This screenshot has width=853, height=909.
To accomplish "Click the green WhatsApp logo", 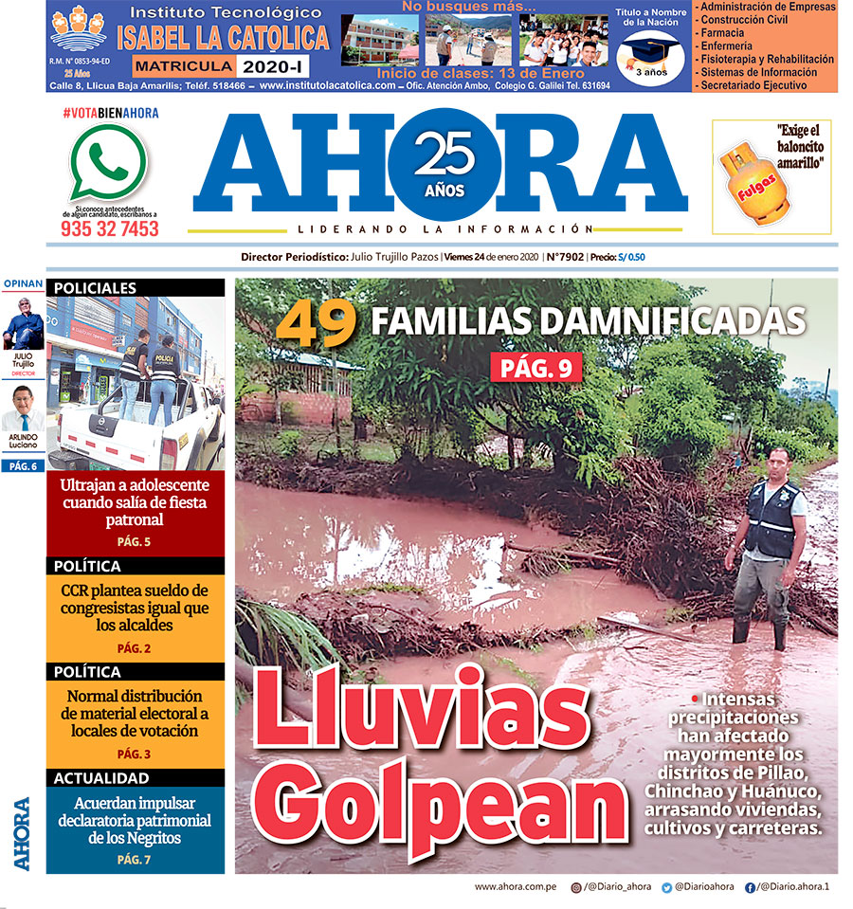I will click(109, 163).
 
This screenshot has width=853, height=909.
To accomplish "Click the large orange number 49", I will click(316, 323).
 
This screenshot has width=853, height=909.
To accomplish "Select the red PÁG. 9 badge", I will click(535, 367).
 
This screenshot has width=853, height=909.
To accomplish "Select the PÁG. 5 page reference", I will click(135, 542).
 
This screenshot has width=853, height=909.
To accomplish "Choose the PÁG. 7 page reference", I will click(135, 860).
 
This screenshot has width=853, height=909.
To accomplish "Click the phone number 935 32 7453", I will click(110, 229).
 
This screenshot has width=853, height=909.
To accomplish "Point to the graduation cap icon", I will click(650, 50).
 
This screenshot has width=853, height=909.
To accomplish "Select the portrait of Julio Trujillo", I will click(23, 323).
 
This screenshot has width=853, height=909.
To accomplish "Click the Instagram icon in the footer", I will click(576, 887).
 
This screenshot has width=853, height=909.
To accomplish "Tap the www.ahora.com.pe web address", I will click(516, 887).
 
